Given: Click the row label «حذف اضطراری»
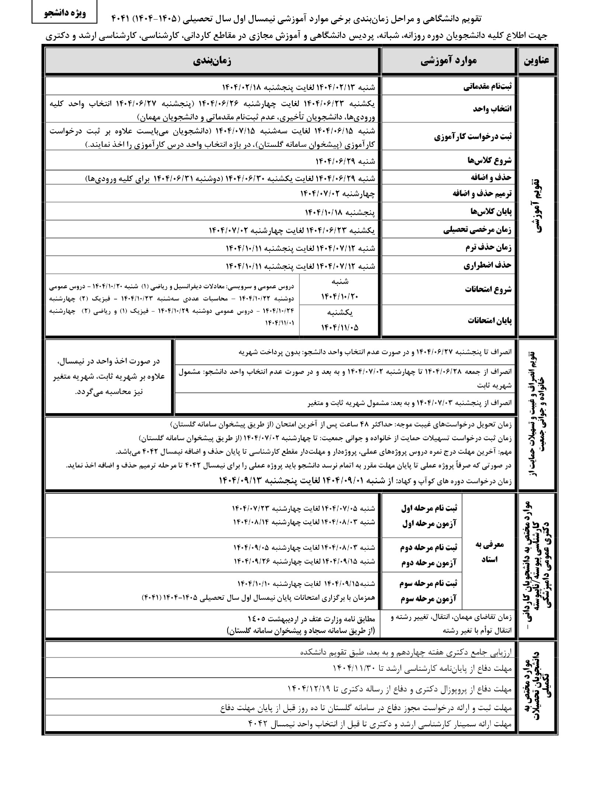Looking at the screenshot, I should (487, 265).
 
